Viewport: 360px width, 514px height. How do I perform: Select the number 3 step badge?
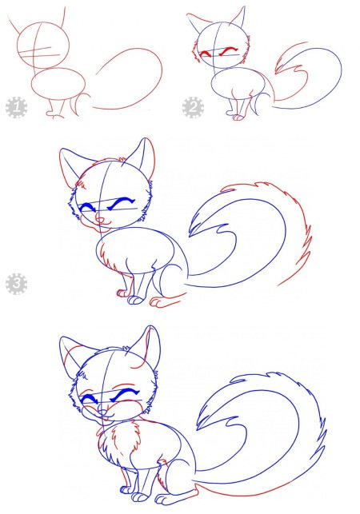[x=15, y=283]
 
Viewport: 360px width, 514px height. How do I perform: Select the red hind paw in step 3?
[x=163, y=303]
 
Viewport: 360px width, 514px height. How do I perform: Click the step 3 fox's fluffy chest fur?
[x=112, y=260]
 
